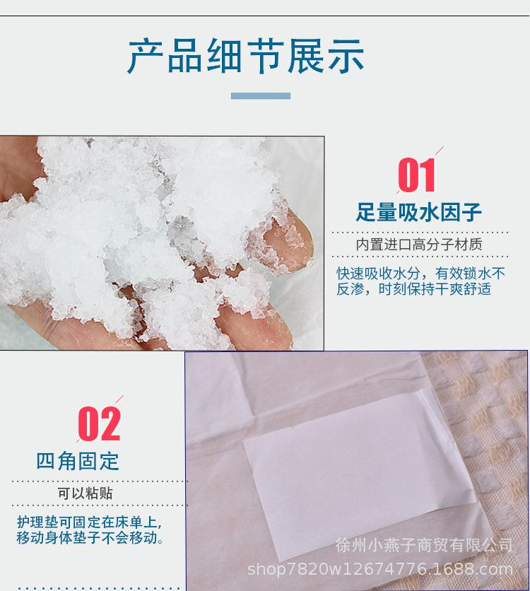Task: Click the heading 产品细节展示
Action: [247, 57]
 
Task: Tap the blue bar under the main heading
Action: [261, 95]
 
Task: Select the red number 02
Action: [100, 423]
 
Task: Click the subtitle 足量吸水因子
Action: [419, 212]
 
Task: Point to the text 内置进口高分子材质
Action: [419, 245]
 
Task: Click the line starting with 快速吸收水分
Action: [420, 273]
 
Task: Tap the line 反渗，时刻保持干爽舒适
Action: [413, 289]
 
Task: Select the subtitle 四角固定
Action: [78, 461]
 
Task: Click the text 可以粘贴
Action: [85, 493]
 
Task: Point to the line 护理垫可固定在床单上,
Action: [89, 523]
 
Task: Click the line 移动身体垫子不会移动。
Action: [90, 538]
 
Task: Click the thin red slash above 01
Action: [439, 151]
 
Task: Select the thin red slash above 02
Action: [119, 399]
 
